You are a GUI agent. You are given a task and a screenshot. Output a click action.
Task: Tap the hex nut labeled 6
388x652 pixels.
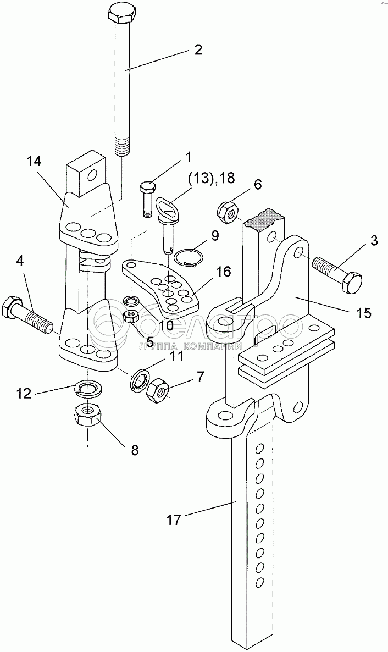[227, 213]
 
